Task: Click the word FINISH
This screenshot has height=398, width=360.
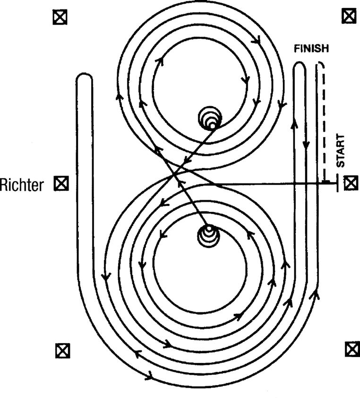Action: pyautogui.click(x=311, y=48)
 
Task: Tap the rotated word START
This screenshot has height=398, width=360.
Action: pyautogui.click(x=341, y=150)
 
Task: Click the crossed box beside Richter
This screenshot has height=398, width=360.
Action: pyautogui.click(x=61, y=183)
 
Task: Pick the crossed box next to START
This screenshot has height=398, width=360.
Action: pyautogui.click(x=350, y=183)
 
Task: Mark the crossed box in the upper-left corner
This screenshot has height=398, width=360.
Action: pyautogui.click(x=60, y=17)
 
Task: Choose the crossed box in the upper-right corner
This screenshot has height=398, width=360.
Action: pyautogui.click(x=349, y=17)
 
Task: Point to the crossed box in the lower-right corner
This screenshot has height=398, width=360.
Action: pyautogui.click(x=351, y=349)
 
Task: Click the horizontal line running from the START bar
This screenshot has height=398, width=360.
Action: pyautogui.click(x=274, y=183)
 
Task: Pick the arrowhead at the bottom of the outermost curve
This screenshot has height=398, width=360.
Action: pyautogui.click(x=149, y=376)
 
